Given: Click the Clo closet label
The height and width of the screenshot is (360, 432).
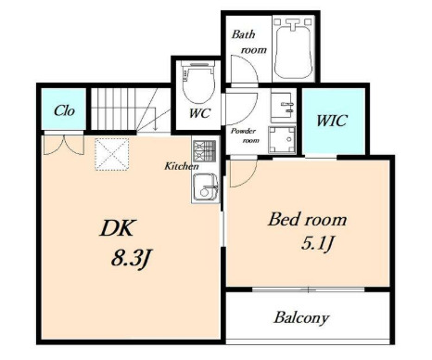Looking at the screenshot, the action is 64,110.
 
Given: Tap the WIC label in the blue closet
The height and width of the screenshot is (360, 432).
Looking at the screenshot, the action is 332,121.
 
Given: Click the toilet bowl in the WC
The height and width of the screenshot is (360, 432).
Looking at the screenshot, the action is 198,82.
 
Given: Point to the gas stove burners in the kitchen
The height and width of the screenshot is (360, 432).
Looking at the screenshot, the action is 204,150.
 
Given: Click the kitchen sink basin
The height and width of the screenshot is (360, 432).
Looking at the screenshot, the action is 205,187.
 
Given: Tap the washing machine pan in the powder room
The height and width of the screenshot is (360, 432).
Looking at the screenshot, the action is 282,139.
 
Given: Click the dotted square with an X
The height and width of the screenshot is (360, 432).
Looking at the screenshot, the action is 111,154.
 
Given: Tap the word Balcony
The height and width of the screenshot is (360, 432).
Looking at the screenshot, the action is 301,317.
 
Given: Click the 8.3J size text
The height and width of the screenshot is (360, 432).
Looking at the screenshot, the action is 131,259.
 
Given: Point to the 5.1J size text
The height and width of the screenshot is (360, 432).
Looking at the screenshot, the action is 318,243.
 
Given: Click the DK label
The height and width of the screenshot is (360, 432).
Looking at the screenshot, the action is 117,228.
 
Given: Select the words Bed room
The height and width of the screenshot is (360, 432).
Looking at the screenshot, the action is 308,219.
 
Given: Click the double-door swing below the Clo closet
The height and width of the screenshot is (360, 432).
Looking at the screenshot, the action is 64,145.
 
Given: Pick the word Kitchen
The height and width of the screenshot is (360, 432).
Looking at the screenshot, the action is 182,166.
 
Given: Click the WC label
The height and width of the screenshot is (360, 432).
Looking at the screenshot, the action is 199,113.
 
